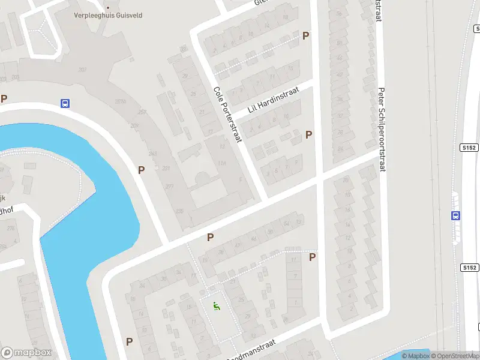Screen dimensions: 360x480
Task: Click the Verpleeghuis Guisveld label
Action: tap(108, 16)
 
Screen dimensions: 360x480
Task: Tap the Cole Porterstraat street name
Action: tap(227, 115)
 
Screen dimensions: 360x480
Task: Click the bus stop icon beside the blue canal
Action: tap(65, 103)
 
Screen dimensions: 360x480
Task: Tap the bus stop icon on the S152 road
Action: tap(456, 216)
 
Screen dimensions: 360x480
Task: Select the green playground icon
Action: tap(215, 305)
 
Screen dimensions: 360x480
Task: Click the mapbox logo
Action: tap(26, 353)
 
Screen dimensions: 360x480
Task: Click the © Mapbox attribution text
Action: tap(415, 356)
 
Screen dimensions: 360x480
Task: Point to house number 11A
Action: tap(223, 163)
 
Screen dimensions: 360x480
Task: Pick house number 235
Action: tap(179, 211)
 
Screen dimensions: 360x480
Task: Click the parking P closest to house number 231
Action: tap(141, 170)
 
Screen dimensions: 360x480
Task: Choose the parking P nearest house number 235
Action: tap(210, 237)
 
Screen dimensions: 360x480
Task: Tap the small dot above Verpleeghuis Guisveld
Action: tap(108, 8)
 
